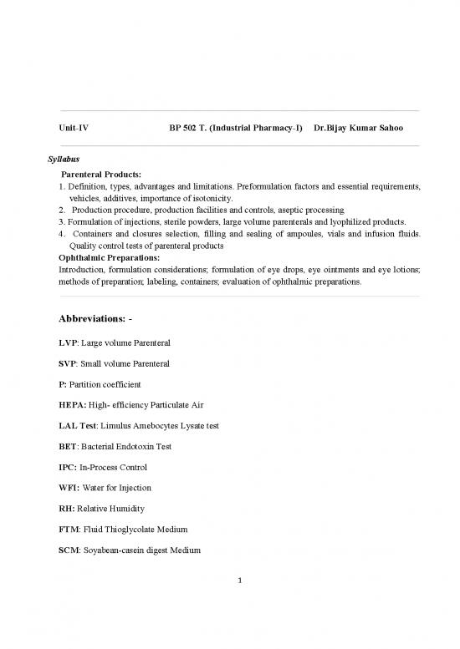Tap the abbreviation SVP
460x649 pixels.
(x=69, y=364)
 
